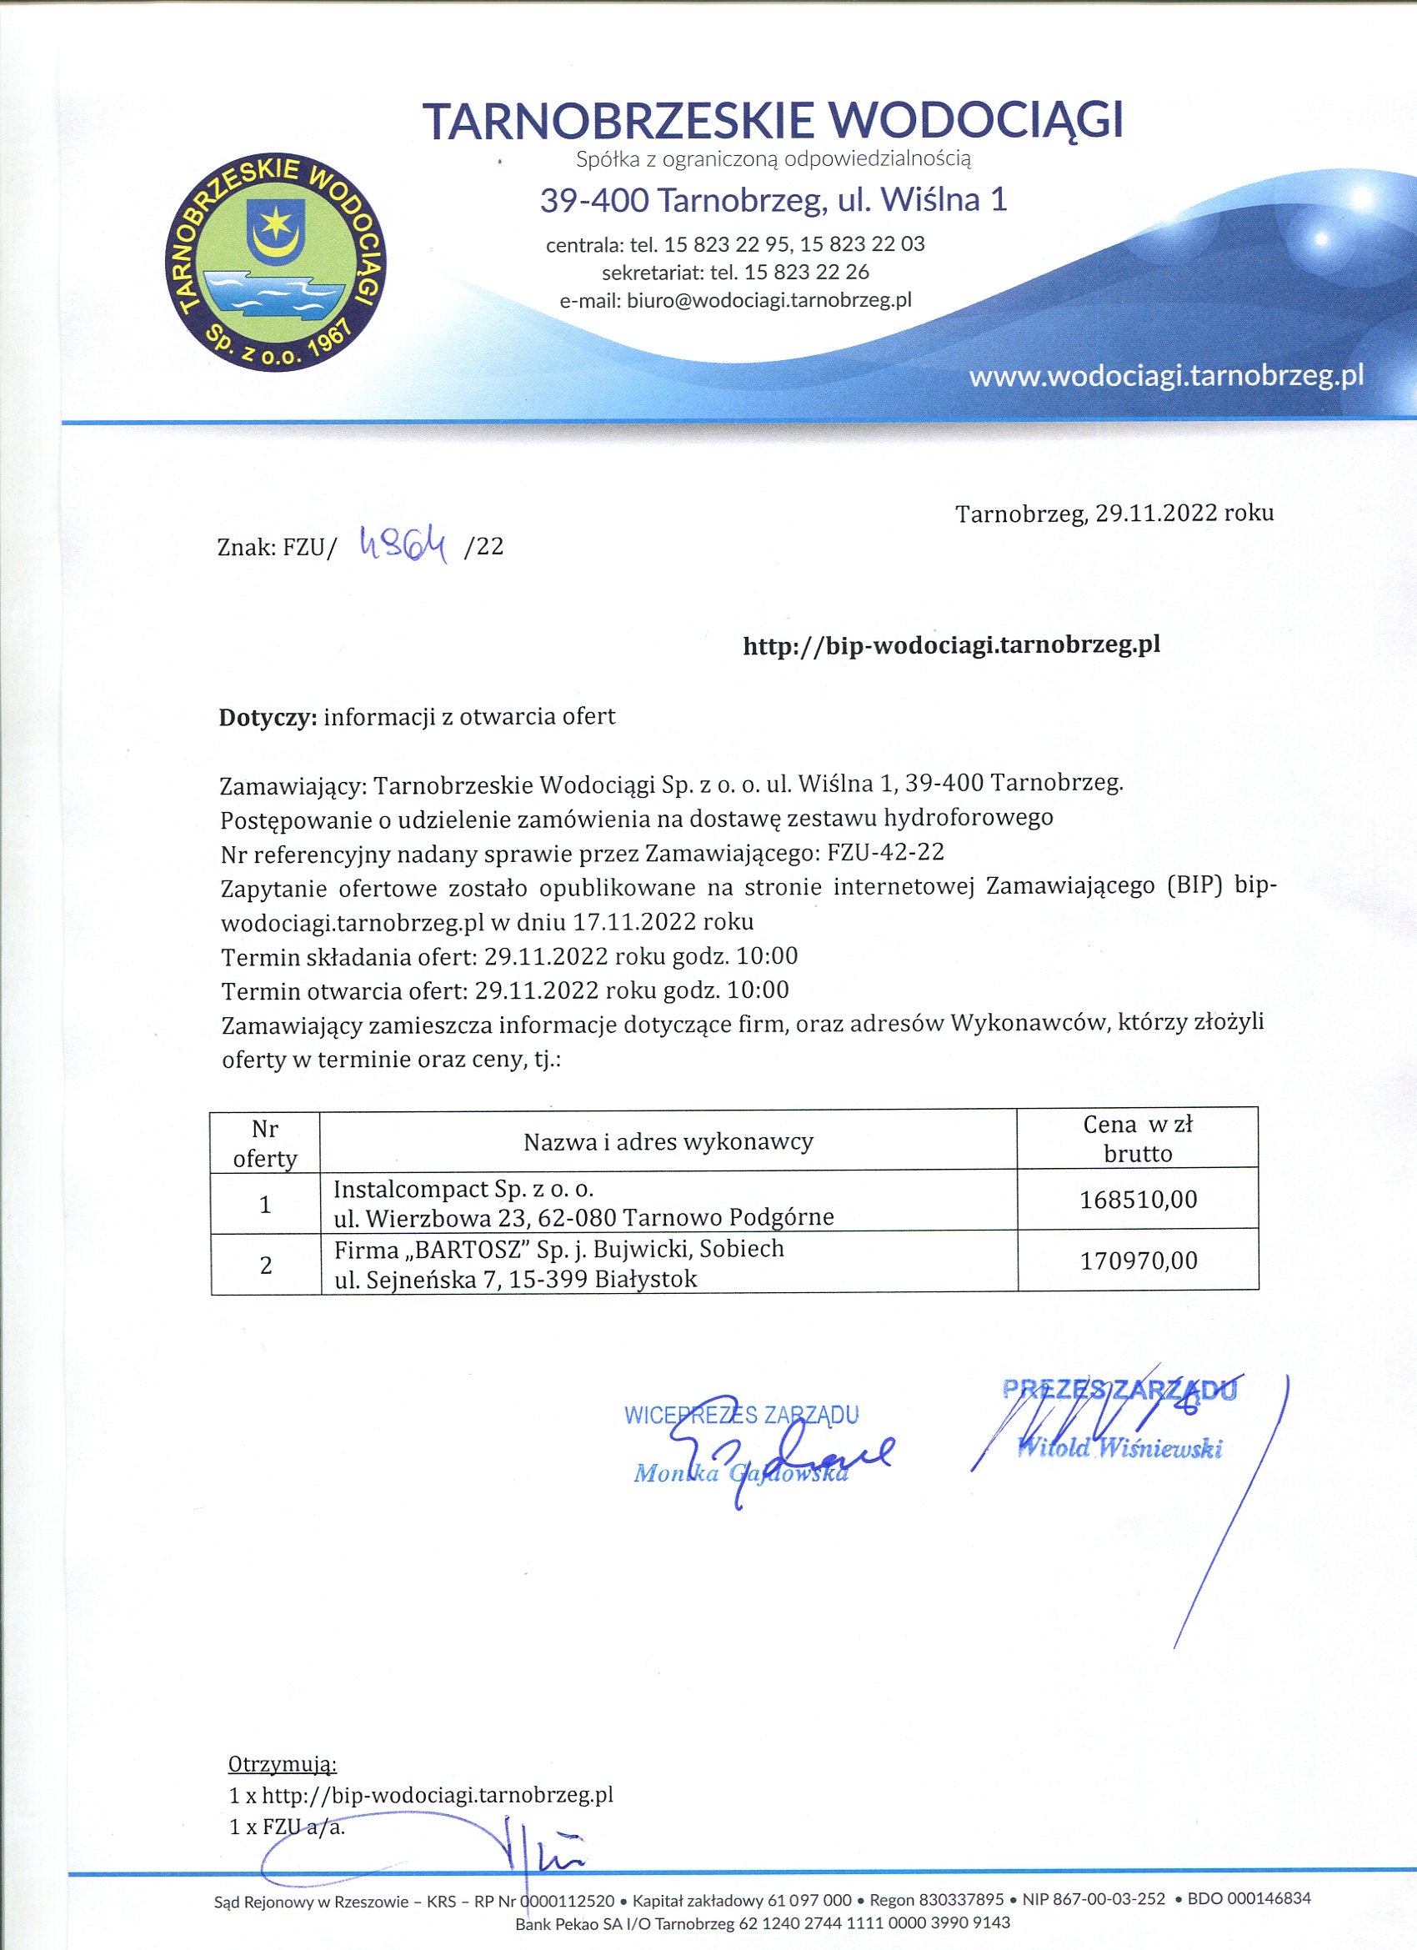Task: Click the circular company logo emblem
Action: (276, 263)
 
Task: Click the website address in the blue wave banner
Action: (1166, 376)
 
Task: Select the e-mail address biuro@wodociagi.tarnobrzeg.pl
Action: (768, 301)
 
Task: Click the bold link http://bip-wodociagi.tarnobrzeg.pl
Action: (951, 644)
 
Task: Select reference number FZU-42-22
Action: (884, 852)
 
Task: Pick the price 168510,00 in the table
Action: (1138, 1200)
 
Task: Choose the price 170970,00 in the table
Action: (1138, 1261)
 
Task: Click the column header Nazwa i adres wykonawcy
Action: (668, 1142)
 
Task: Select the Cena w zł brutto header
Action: (1138, 1138)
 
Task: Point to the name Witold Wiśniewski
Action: (1119, 1448)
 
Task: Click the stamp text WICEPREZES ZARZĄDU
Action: (741, 1416)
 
